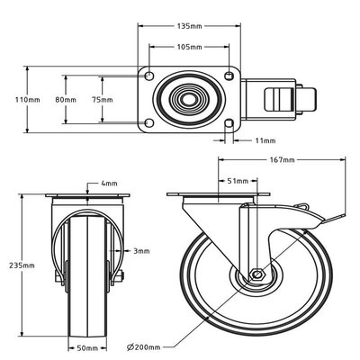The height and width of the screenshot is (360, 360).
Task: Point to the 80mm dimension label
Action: pyautogui.click(x=65, y=99)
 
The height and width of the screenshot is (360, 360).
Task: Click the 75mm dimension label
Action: pyautogui.click(x=103, y=99)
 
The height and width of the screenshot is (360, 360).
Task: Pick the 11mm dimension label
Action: pyautogui.click(x=266, y=140)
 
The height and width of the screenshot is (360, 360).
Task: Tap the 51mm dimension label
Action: pyautogui.click(x=238, y=180)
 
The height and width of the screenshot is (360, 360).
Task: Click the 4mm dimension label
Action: pyautogui.click(x=109, y=184)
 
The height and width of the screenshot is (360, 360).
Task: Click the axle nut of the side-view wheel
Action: pyautogui.click(x=257, y=274)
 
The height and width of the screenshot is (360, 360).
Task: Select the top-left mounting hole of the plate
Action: pyautogui.click(x=150, y=75)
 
